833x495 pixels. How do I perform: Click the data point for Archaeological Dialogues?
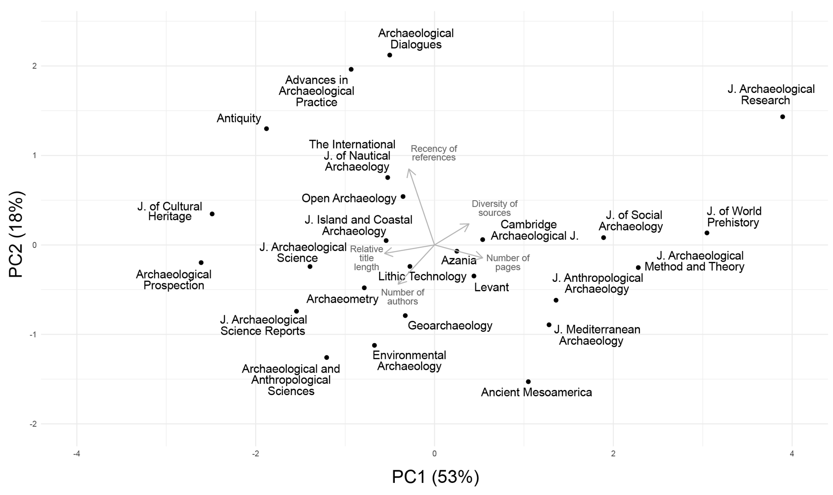390,55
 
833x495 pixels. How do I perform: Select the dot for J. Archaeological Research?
783,117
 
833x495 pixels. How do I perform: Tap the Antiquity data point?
266,129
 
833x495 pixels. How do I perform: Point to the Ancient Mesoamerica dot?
528,382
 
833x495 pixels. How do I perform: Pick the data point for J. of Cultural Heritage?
212,214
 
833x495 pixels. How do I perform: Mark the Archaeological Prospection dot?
201,263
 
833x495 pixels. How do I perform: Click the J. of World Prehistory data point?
707,233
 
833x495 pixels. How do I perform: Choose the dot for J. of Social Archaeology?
603,238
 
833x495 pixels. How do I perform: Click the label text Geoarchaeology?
450,326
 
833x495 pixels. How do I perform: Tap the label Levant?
491,287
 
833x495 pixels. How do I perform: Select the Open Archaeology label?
349,198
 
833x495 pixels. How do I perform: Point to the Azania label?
459,261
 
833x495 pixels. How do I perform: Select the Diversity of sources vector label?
495,208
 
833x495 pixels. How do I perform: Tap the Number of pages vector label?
508,263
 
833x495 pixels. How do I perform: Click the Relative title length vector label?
367,258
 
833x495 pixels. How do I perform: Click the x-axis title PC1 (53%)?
435,477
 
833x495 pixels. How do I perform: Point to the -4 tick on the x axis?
77,454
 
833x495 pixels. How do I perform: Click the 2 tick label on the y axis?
34,66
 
